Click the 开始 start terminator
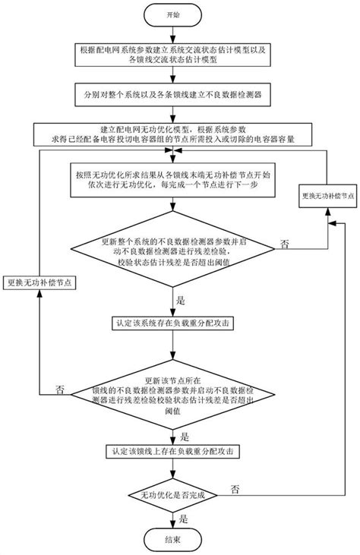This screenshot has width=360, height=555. (174, 14)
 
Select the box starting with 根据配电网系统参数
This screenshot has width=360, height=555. (174, 55)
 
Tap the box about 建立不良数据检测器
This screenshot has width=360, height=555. (174, 96)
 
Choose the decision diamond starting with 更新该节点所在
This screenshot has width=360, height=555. (174, 388)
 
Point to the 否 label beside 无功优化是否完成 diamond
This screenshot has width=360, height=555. (235, 487)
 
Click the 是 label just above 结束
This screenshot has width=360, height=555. (183, 519)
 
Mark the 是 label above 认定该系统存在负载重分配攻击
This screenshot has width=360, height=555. (182, 300)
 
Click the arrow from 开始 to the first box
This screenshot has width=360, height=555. (174, 33)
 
